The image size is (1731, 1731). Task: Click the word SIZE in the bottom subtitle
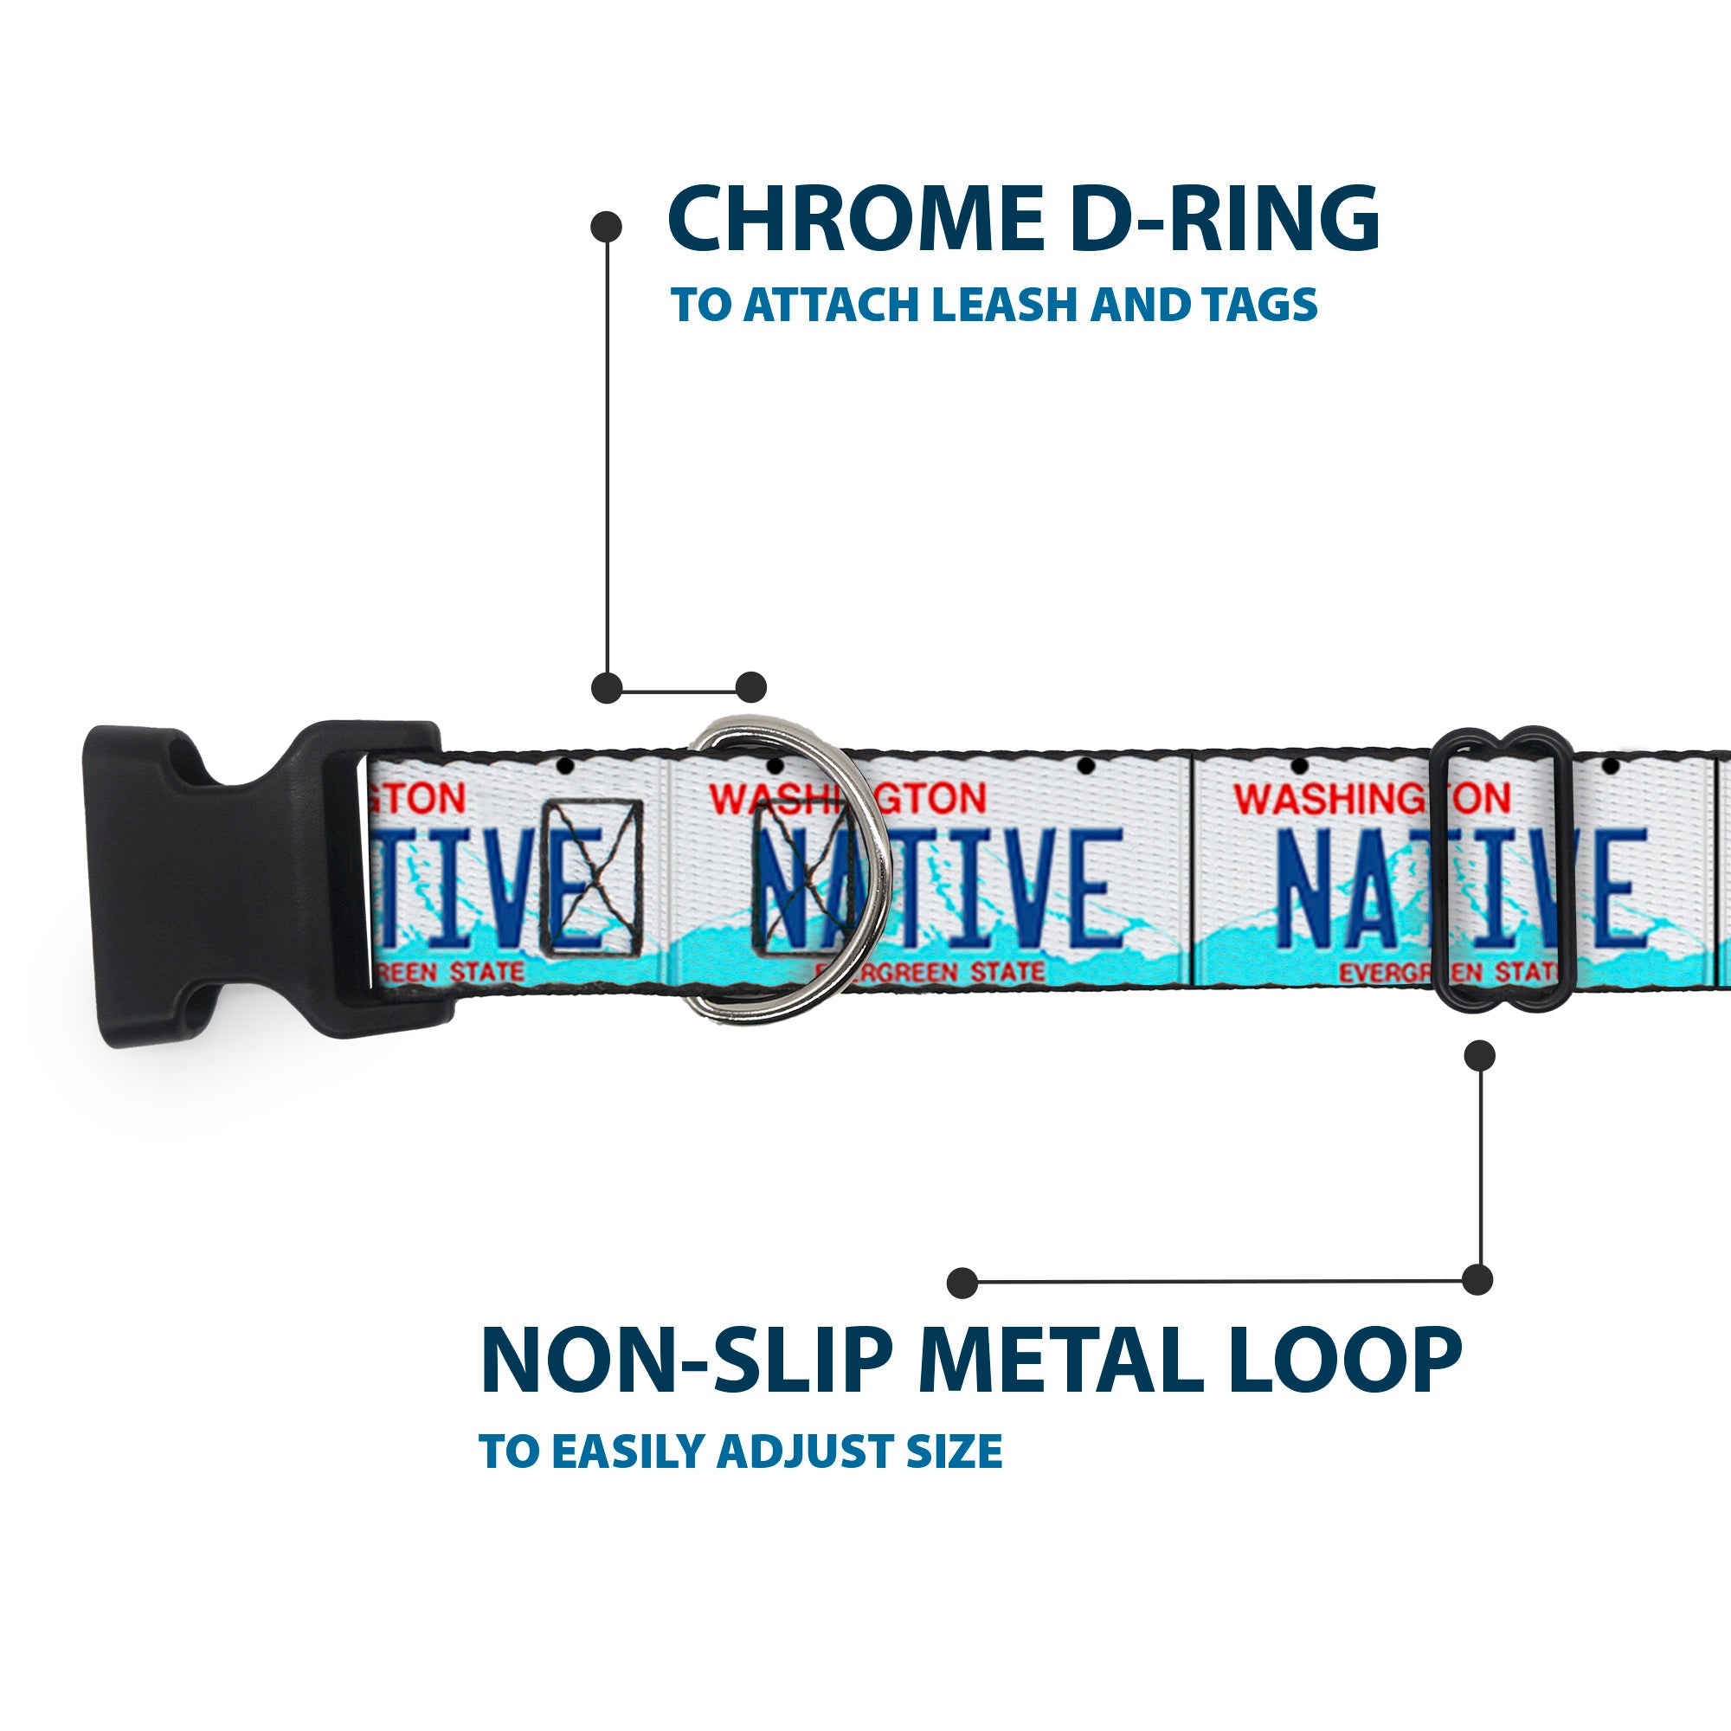[954, 1451]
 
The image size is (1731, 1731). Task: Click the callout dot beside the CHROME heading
[607, 227]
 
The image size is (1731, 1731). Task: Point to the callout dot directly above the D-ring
[750, 687]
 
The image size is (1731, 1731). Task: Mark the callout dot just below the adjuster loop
[1479, 1055]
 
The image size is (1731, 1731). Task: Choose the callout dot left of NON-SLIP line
[962, 1282]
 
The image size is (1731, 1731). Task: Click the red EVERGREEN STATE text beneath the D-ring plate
[932, 972]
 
